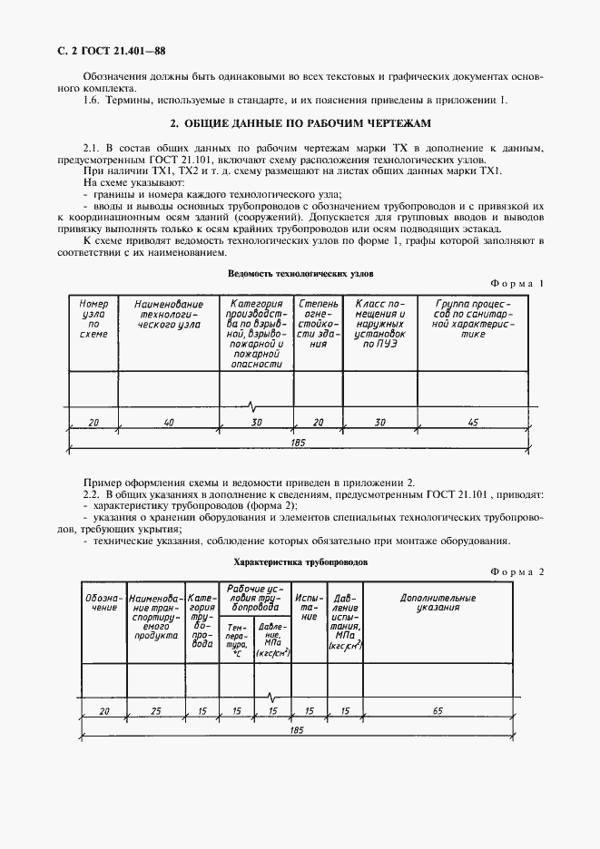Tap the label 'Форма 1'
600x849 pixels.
[516, 284]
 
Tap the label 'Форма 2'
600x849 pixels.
[516, 572]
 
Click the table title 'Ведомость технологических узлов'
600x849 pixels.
[301, 272]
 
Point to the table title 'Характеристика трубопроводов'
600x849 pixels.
[300, 561]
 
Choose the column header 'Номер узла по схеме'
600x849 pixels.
[93, 319]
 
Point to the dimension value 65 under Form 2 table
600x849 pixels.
[438, 711]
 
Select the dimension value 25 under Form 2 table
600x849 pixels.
[156, 711]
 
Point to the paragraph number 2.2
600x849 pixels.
[93, 495]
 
